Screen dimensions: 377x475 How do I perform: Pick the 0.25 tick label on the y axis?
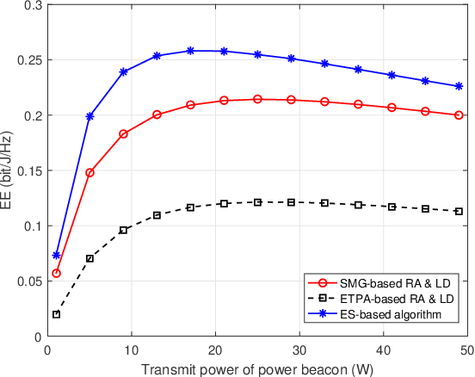(28, 59)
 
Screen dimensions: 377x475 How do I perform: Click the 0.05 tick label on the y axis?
(28, 281)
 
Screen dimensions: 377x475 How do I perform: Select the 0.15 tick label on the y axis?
(28, 170)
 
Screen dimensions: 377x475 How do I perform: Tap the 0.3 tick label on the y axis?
(31, 5)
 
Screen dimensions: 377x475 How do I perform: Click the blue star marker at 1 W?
(57, 256)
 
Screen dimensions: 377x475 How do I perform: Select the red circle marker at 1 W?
(57, 274)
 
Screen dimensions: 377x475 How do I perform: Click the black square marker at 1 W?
(57, 314)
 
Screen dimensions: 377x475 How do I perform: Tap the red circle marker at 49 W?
(459, 115)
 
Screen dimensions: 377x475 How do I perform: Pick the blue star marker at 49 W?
(459, 86)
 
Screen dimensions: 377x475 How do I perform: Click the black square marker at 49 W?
(459, 212)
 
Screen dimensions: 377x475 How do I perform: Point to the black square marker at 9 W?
(124, 230)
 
